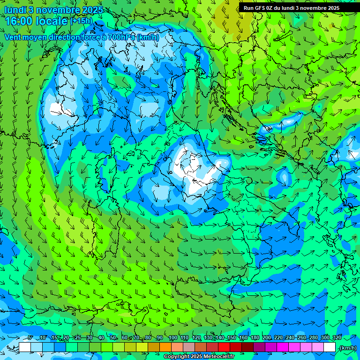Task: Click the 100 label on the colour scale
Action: (173, 337)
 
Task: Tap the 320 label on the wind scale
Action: (337, 337)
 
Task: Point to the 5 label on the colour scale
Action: (30, 337)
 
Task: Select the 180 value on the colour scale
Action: (255, 337)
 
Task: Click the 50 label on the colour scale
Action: (113, 337)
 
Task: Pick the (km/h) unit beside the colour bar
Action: (347, 348)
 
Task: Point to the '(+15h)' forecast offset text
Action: (81, 21)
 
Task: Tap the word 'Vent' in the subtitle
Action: (13, 37)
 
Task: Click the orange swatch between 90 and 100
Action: (166, 347)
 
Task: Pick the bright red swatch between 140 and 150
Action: (224, 347)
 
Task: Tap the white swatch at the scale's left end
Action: (25, 347)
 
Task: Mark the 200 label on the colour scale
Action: (266, 337)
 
